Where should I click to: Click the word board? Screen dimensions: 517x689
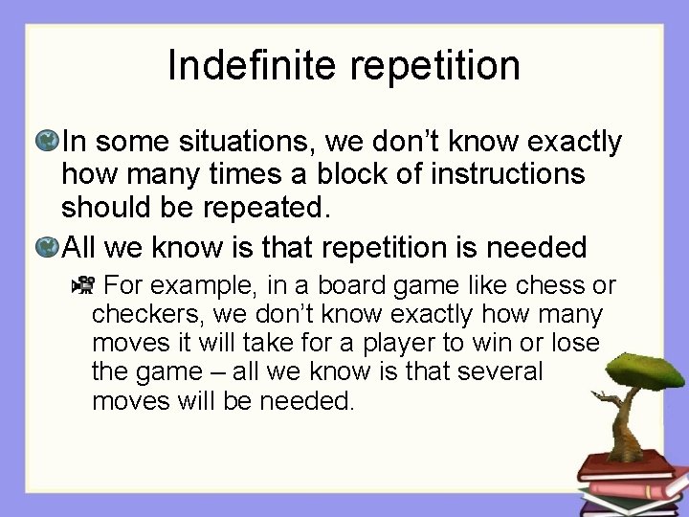tap(361, 286)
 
